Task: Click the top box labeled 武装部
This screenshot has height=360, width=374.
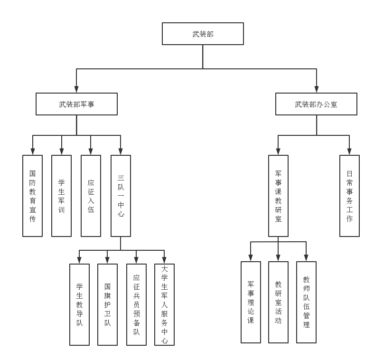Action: (x=203, y=34)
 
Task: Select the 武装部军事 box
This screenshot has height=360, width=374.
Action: (x=76, y=104)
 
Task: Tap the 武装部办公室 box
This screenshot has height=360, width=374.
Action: (x=316, y=104)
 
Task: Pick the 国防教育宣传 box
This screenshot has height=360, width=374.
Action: (x=32, y=196)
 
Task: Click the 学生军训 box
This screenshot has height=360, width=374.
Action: (x=61, y=196)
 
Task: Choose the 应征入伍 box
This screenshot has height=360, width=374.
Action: (x=91, y=196)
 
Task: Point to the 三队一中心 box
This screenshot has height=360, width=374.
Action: (x=121, y=196)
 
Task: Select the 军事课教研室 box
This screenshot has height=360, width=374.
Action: (x=278, y=196)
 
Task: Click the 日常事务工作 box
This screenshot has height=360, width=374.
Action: (x=349, y=196)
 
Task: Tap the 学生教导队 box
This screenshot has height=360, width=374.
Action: (x=79, y=304)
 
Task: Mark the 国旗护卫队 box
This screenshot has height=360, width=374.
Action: (x=107, y=304)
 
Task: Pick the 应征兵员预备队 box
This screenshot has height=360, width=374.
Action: (x=136, y=304)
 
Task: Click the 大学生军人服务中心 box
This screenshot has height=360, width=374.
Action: (x=164, y=304)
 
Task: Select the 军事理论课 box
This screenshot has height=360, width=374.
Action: (x=251, y=302)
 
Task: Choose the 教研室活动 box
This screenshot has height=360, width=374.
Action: (x=278, y=302)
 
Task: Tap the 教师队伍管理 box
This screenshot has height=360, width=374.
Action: (x=306, y=302)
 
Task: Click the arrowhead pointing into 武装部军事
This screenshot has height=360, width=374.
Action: (x=76, y=89)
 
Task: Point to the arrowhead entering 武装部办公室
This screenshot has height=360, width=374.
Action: (x=317, y=89)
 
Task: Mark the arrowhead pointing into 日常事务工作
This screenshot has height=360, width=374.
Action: (x=349, y=152)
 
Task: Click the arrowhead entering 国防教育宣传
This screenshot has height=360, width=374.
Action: (x=32, y=152)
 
